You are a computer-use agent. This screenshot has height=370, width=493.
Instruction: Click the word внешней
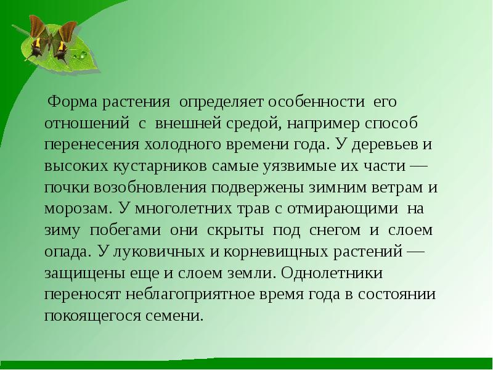pos(184,123)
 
